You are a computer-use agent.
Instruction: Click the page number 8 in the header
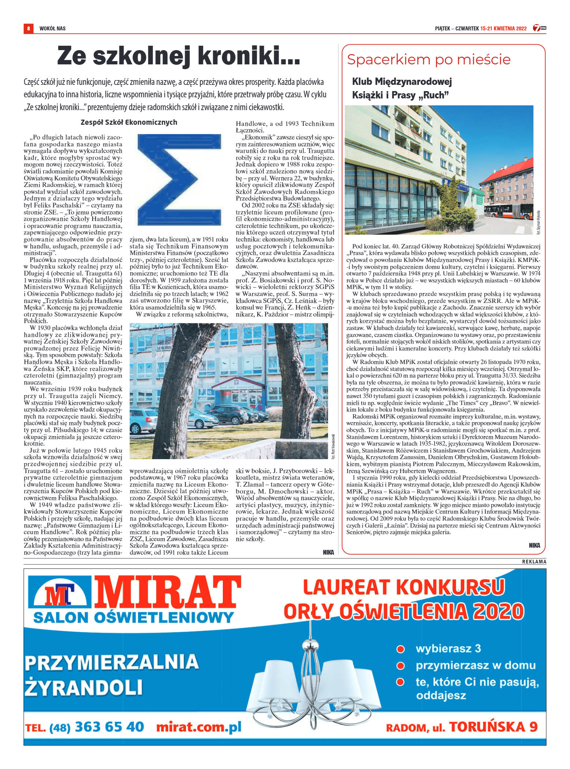pos(28,28)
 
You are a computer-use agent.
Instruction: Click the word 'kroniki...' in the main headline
pos(249,56)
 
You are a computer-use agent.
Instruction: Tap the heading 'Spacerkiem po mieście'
pos(428,60)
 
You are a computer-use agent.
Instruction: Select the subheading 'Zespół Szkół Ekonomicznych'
pos(129,122)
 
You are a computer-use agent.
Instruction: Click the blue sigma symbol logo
pos(179,179)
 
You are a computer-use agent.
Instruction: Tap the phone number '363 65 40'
pos(109,727)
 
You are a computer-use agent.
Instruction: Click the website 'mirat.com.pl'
pos(199,727)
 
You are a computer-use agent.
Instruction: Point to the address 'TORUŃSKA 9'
pos(493,727)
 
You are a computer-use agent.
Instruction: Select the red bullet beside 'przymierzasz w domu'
pos(401,665)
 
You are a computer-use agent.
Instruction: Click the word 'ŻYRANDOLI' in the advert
pos(83,687)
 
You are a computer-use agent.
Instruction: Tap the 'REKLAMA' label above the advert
pos(534,562)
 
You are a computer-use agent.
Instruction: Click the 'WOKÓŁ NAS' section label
pos(53,29)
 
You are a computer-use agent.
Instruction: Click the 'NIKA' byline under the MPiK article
pos(534,545)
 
